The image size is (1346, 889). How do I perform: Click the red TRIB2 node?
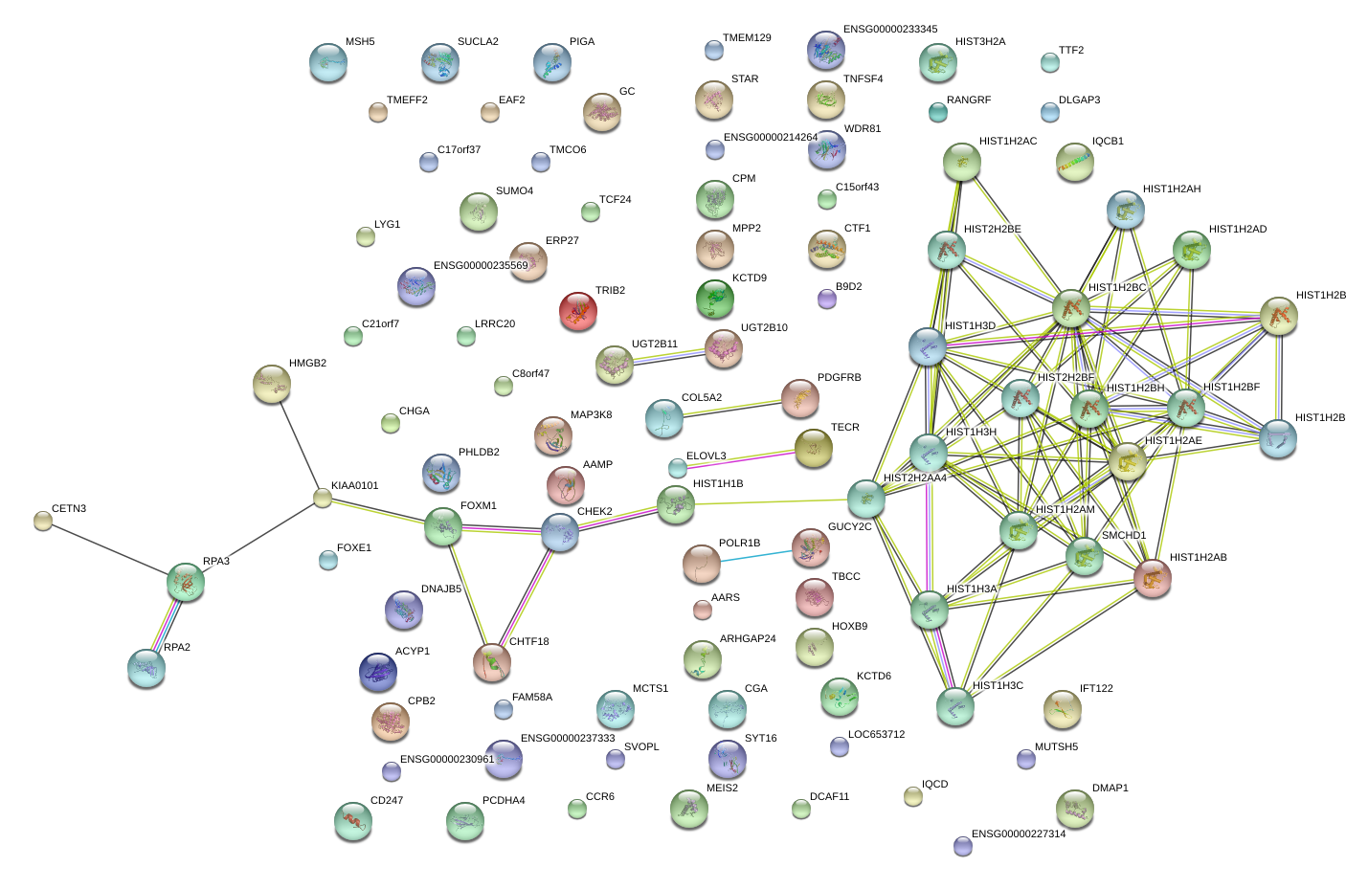[x=577, y=311]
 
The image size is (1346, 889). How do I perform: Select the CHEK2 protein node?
[x=560, y=533]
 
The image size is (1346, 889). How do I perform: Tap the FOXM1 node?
[x=442, y=526]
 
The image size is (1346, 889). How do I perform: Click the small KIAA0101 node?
[x=323, y=498]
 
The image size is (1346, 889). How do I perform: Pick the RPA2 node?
[x=146, y=668]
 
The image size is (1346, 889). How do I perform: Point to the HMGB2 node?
[x=272, y=384]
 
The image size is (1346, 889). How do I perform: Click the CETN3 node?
[x=43, y=521]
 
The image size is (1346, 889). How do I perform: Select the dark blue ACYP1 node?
[x=378, y=672]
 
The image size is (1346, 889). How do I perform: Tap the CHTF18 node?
[x=492, y=662]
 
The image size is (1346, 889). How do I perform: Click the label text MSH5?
[x=360, y=42]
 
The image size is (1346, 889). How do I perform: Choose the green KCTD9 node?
[x=714, y=299]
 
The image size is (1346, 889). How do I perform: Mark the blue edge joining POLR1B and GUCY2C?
[x=756, y=556]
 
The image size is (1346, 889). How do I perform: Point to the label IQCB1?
[x=1108, y=142]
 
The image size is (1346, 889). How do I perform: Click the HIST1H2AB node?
[x=1153, y=578]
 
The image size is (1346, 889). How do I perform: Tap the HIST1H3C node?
[x=954, y=706]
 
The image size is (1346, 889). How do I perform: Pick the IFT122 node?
[x=1062, y=709]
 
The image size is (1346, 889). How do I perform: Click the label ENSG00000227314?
[x=1019, y=834]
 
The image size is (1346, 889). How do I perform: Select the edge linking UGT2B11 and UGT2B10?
[x=669, y=356]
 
